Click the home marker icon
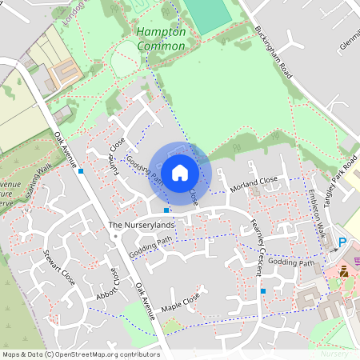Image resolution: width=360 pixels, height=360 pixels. pyautogui.click(x=180, y=173)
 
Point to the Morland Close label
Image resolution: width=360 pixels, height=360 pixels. pyautogui.click(x=254, y=186)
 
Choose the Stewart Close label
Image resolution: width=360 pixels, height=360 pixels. pyautogui.click(x=59, y=270)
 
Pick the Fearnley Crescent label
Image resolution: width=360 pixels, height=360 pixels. pyautogui.click(x=256, y=247)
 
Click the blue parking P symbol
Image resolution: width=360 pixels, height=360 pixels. pyautogui.click(x=342, y=242)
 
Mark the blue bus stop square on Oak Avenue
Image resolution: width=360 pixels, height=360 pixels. pyautogui.click(x=81, y=170)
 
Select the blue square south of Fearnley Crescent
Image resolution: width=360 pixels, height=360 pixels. pyautogui.click(x=262, y=291)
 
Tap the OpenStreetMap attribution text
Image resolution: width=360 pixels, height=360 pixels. pyautogui.click(x=80, y=354)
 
